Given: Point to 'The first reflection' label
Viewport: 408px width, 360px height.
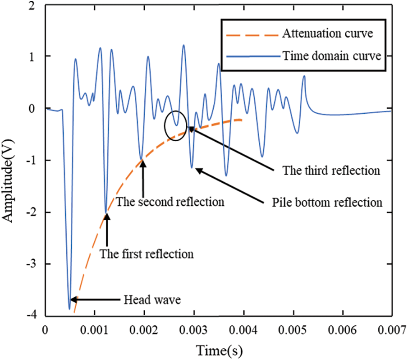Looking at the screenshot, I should (x=147, y=254).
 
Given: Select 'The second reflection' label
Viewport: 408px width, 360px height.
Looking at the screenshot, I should (x=170, y=202).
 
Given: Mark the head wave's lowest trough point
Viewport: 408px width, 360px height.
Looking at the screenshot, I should (x=69, y=309).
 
